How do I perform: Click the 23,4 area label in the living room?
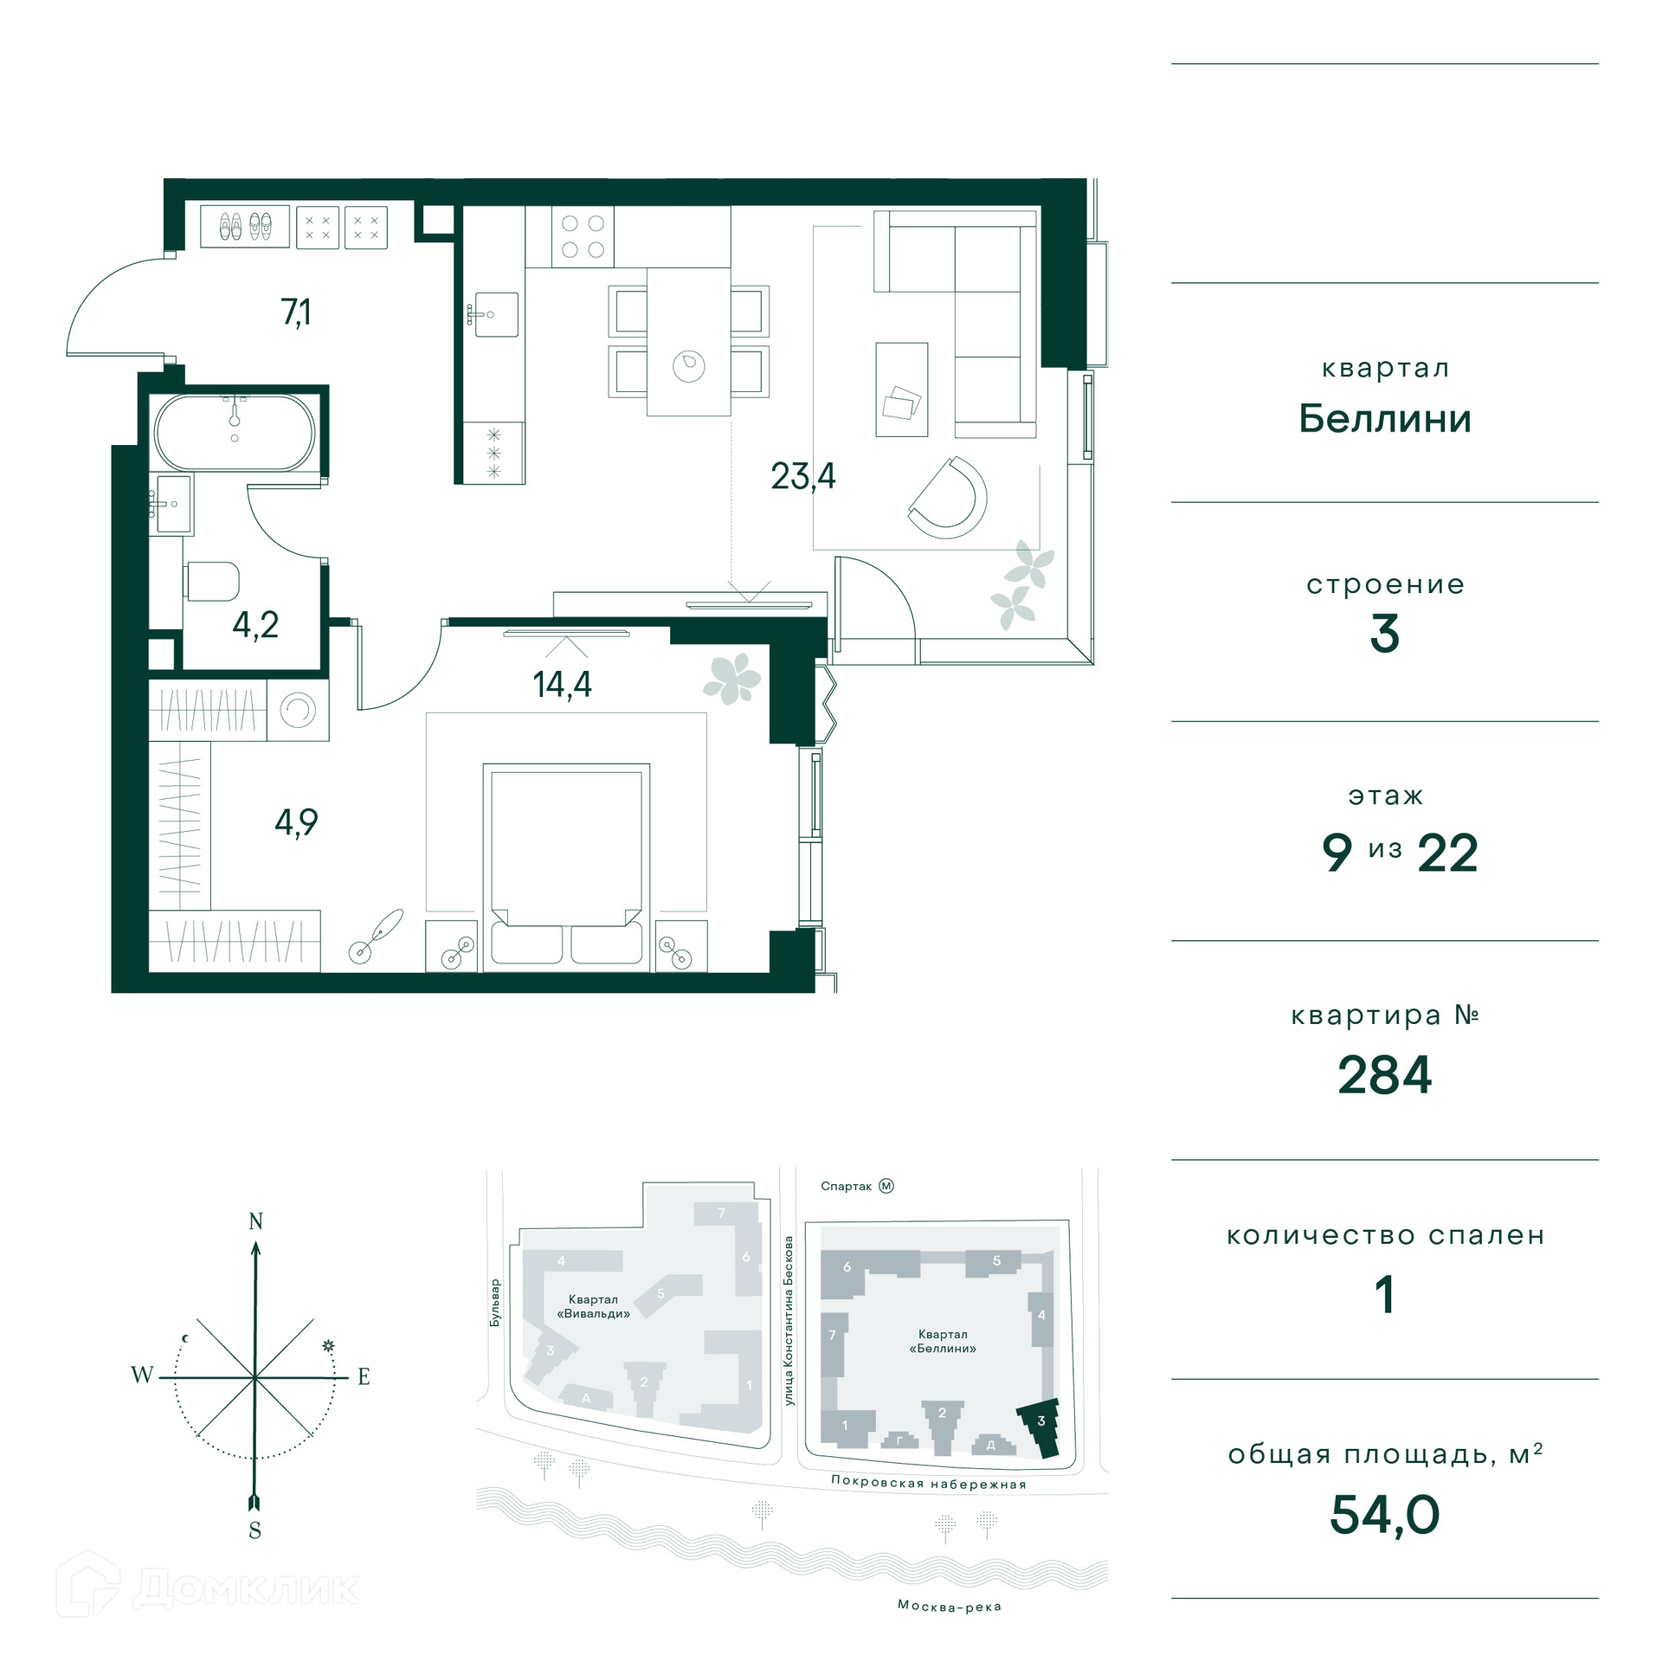[x=803, y=477]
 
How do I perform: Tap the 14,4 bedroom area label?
[x=563, y=685]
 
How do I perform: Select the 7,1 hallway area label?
[x=296, y=312]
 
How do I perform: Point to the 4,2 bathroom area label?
[x=255, y=625]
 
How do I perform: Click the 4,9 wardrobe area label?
[x=296, y=822]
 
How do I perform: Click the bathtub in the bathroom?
[x=235, y=433]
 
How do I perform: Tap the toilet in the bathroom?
[x=211, y=582]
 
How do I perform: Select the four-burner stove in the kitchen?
[x=583, y=236]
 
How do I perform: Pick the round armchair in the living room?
[x=948, y=498]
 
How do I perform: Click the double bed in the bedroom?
[x=566, y=866]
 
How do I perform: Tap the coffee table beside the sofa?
[x=902, y=390]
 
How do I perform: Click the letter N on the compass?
[x=255, y=1221]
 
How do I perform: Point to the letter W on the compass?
[x=142, y=1375]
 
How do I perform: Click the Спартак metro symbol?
[x=886, y=1186]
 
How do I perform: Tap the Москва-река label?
[x=950, y=1607]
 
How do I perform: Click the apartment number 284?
[x=1385, y=1075]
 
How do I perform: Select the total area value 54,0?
[x=1385, y=1515]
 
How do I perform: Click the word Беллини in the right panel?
[x=1385, y=419]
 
